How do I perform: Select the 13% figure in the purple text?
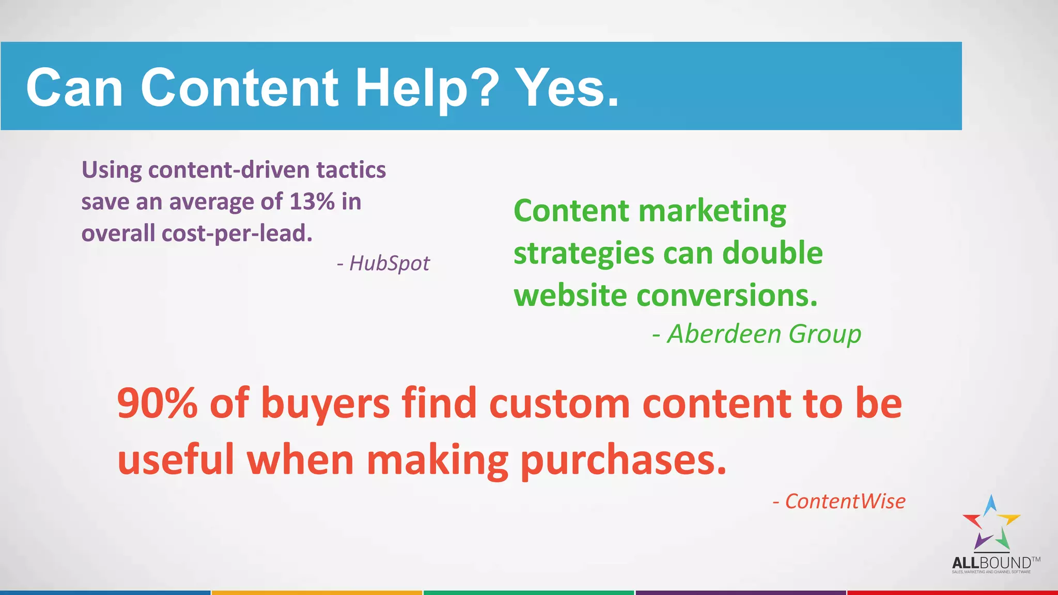312,201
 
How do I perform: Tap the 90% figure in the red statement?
158,403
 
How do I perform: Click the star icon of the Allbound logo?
991,523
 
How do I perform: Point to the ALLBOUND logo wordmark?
991,563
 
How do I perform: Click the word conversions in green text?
727,295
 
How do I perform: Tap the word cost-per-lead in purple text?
237,233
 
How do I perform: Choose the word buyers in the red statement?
325,403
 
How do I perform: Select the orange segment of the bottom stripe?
317,592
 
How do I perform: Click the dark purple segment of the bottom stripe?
740,592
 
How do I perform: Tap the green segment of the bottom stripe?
528,592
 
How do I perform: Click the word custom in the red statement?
559,403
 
